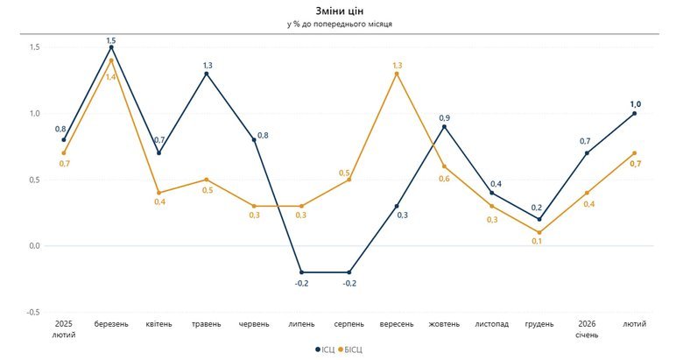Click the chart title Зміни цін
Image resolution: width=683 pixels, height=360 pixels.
coord(341,10)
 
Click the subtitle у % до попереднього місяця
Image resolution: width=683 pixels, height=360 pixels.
coord(341,24)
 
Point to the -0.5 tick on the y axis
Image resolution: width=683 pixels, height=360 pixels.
coord(32,313)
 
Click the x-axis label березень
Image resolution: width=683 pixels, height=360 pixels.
coord(111,324)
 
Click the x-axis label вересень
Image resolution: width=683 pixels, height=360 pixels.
coord(397,324)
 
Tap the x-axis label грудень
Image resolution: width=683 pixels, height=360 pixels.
coord(539,324)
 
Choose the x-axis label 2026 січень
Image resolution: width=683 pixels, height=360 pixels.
coord(587,329)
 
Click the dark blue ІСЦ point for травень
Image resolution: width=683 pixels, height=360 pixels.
coord(207,74)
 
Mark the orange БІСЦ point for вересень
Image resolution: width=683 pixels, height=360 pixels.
coord(397,74)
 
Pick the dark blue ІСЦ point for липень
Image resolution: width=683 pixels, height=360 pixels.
coord(302,272)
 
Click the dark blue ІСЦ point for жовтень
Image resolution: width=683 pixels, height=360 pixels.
coord(444,126)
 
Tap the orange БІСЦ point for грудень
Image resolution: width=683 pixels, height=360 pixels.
coord(539,232)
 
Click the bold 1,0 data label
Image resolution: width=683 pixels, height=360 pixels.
coord(635,103)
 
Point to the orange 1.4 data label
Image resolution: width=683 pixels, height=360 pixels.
coord(111,77)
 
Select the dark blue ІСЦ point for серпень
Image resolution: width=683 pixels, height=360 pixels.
coord(349,272)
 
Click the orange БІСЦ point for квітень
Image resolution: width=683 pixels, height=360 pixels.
coord(159,193)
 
